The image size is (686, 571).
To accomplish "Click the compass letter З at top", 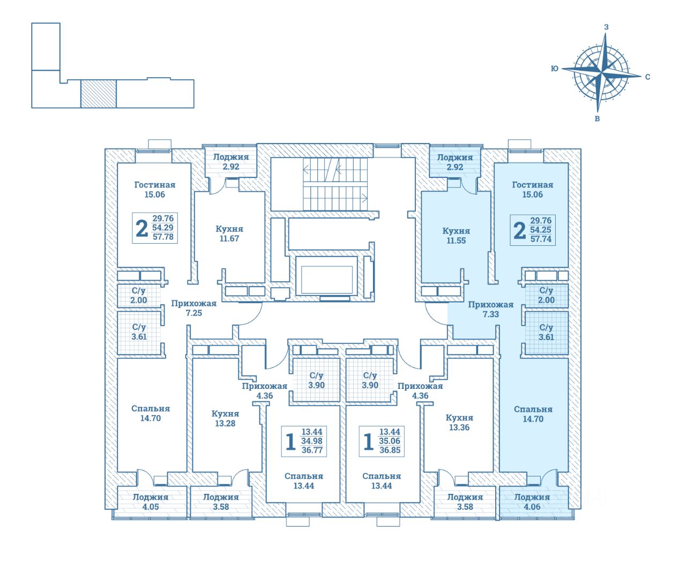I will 606,27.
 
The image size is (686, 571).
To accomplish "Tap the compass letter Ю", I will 555,69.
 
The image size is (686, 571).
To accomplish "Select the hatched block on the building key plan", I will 98,94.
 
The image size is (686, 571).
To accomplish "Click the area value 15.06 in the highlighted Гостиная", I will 532,194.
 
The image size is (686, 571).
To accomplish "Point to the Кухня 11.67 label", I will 229,234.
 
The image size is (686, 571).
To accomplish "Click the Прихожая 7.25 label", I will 193,308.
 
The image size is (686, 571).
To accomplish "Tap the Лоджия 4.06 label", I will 532,502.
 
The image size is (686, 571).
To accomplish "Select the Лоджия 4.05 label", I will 151,502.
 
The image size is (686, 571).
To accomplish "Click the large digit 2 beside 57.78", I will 141,228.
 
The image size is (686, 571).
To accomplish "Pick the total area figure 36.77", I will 312,450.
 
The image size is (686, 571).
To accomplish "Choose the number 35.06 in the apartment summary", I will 390,441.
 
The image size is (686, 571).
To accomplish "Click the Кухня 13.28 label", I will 225,418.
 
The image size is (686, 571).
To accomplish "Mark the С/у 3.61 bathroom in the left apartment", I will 139,332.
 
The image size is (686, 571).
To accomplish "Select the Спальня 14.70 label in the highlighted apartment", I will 533,414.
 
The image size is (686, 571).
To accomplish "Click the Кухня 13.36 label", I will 459,423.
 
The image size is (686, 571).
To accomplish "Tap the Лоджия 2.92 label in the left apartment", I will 231,162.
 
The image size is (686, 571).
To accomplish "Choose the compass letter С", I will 647,77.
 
